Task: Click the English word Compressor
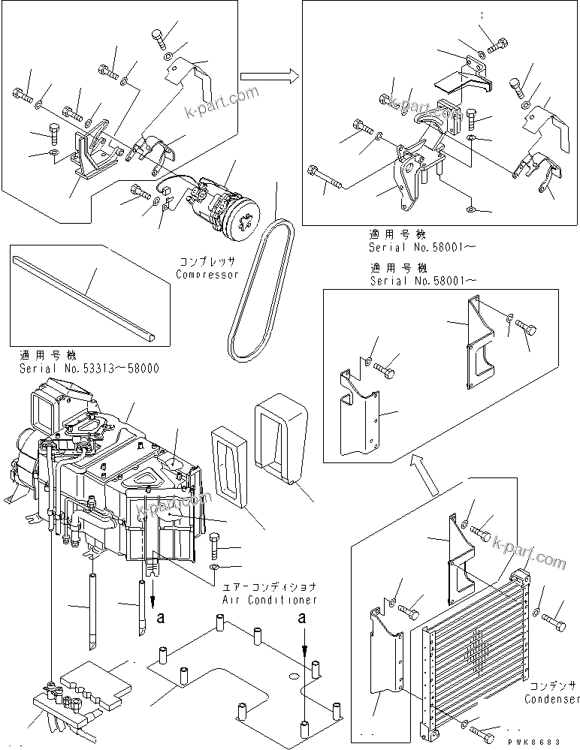[207, 274]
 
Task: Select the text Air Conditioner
[270, 600]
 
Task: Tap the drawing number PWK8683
[545, 741]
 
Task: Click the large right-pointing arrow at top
[267, 75]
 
